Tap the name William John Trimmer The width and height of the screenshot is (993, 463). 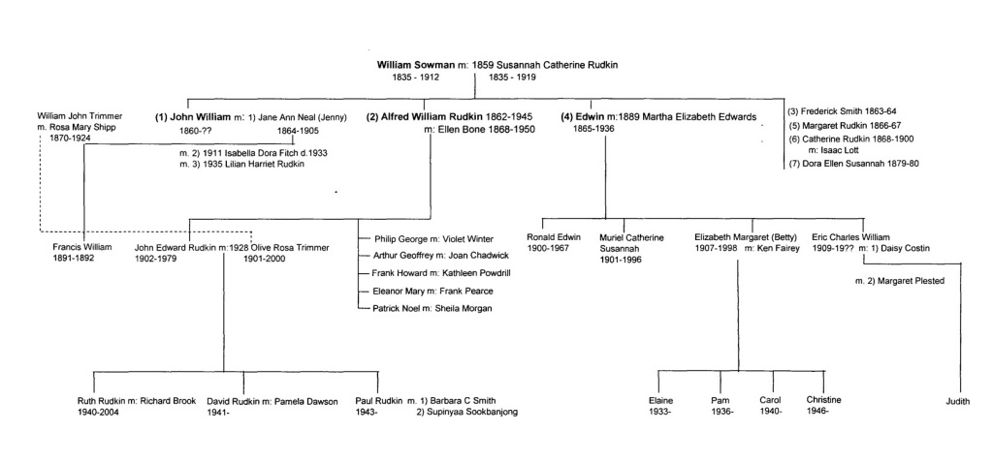coord(80,116)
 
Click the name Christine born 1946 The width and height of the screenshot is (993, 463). coord(823,400)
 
